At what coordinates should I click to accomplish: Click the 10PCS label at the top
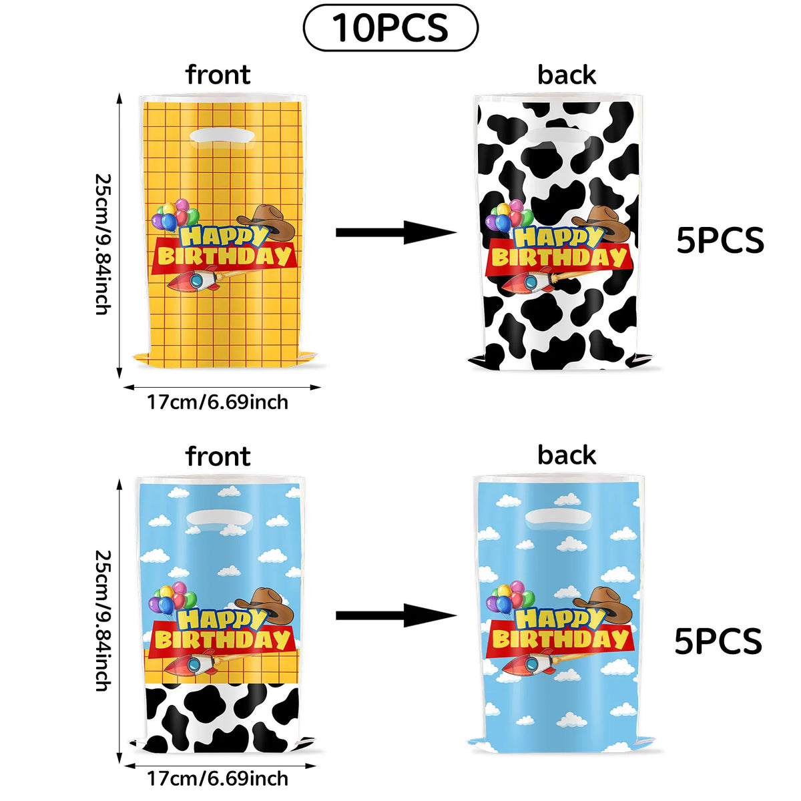pyautogui.click(x=390, y=28)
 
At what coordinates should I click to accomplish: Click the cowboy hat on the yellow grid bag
pyautogui.click(x=266, y=222)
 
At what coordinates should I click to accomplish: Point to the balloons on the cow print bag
pyautogui.click(x=509, y=218)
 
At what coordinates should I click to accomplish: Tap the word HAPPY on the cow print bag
pyautogui.click(x=557, y=238)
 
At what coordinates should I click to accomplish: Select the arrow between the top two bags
pyautogui.click(x=396, y=232)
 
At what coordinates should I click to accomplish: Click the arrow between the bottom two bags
pyautogui.click(x=396, y=615)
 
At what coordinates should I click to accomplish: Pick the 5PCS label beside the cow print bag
pyautogui.click(x=720, y=241)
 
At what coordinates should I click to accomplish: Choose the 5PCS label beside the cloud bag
pyautogui.click(x=718, y=641)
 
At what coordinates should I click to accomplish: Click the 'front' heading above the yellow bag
pyautogui.click(x=218, y=74)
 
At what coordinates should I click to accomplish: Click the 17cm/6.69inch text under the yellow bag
pyautogui.click(x=218, y=402)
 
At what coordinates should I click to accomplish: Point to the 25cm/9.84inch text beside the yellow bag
pyautogui.click(x=103, y=244)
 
